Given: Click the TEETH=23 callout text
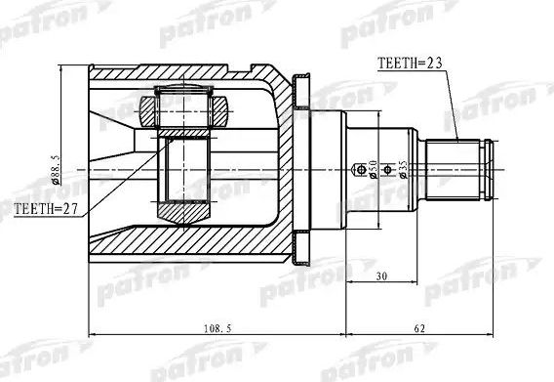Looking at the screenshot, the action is click(410, 64).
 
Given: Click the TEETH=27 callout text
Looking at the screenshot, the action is click(46, 209).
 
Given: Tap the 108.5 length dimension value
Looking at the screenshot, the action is click(218, 328).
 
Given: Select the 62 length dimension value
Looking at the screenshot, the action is click(419, 328).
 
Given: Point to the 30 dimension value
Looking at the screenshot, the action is click(381, 276).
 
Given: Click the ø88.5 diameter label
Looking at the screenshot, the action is click(57, 170).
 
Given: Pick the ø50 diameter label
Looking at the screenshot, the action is click(373, 169).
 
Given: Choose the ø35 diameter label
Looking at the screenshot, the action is click(403, 169).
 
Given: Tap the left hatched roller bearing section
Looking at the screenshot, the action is click(147, 111).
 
